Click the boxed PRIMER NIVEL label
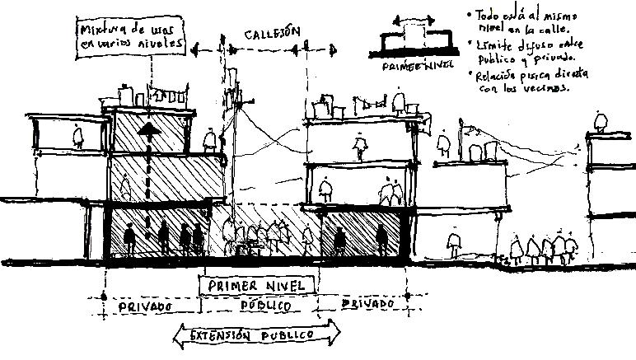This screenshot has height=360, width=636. [x=257, y=284]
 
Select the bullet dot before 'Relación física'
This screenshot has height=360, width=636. [x=470, y=74]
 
